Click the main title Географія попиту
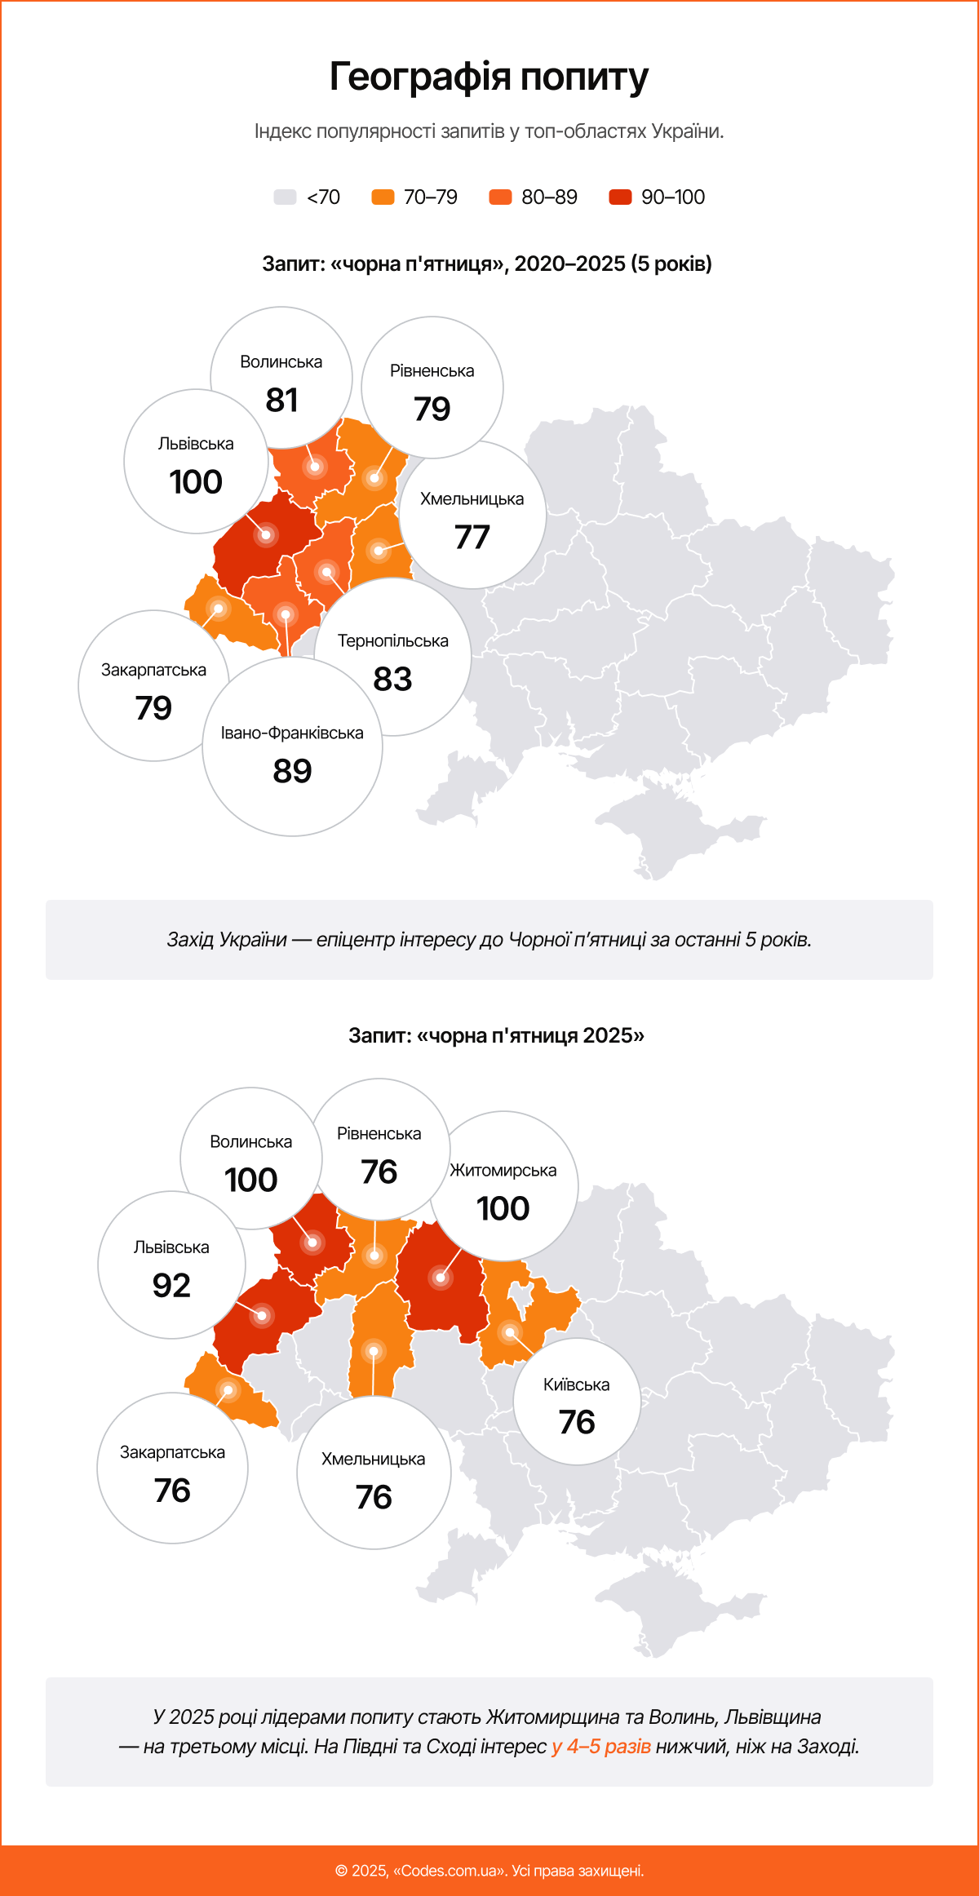[489, 77]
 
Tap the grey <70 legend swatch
[285, 197]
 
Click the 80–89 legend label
[549, 197]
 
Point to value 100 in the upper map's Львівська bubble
[196, 482]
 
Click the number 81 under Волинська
[281, 401]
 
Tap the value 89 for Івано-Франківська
[292, 771]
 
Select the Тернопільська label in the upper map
[393, 641]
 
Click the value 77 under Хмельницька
[472, 538]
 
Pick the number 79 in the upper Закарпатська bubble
[153, 708]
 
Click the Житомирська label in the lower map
[503, 1171]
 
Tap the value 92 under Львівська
[171, 1286]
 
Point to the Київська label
[577, 1384]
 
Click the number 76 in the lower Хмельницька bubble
[374, 1497]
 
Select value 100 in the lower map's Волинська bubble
[251, 1181]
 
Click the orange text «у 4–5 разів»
[601, 1746]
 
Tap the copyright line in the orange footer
[489, 1871]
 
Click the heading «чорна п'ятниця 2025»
[496, 1035]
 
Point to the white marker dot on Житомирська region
[441, 1278]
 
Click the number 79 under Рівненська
[432, 409]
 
